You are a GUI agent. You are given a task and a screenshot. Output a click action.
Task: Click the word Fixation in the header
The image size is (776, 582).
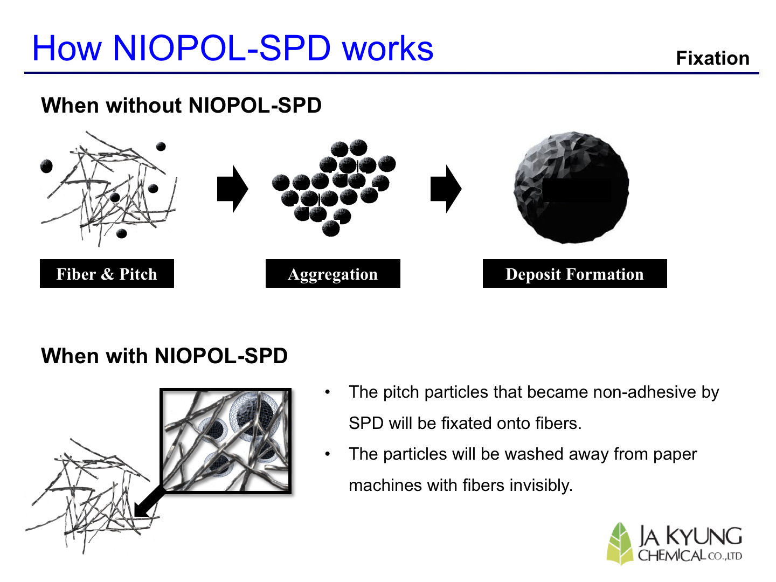coord(712,58)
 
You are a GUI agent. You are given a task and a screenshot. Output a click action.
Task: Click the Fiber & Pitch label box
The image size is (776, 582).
coord(107,274)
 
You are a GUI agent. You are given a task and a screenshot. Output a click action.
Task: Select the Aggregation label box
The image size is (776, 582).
coord(332,274)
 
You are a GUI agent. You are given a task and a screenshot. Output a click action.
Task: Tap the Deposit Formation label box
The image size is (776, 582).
coord(574,274)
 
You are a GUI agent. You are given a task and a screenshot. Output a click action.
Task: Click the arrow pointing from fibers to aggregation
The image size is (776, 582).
coord(233,189)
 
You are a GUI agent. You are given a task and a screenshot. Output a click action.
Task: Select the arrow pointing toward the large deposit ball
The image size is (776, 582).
coord(446,189)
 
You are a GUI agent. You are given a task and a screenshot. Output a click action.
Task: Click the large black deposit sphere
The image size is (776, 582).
coord(571,188)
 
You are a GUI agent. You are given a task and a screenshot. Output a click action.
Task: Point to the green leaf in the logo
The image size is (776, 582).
coord(619,544)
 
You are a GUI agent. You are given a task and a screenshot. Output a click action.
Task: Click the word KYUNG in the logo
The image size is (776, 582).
coord(704,536)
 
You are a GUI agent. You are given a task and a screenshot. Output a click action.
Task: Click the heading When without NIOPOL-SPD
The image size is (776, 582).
coord(181,105)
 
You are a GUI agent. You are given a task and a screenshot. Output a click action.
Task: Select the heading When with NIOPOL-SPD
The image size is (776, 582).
coord(164,356)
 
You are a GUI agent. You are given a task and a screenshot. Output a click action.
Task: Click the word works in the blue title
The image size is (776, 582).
coord(387,48)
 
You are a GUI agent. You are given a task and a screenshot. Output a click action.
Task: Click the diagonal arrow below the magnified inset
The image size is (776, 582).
coord(150,502)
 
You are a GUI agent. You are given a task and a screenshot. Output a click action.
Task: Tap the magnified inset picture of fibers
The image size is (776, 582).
coord(226,441)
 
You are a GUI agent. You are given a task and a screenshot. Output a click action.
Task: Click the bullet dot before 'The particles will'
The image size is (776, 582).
coord(327,454)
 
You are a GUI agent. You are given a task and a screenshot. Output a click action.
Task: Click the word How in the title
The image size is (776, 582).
coord(67,48)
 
